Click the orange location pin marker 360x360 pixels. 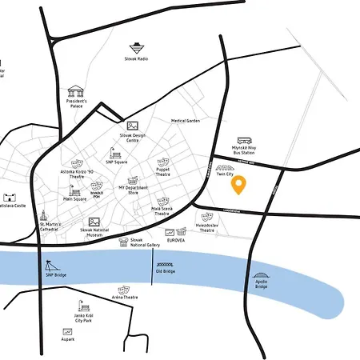[x=238, y=185]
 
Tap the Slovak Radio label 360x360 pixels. [x=138, y=59]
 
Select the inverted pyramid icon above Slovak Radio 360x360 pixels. [x=138, y=47]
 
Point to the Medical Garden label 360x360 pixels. [x=185, y=121]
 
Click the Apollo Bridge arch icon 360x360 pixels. [x=262, y=274]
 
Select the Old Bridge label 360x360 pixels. [x=165, y=271]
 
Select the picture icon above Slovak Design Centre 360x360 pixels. [x=133, y=126]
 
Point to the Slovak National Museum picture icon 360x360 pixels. [x=94, y=222]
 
